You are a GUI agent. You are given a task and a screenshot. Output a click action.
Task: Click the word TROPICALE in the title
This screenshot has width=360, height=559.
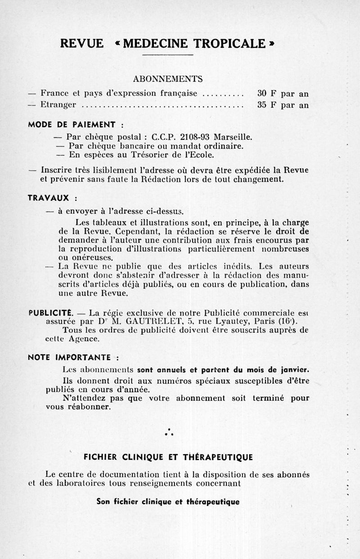point(230,43)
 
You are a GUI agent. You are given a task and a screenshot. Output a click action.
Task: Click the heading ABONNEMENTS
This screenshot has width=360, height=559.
point(168,79)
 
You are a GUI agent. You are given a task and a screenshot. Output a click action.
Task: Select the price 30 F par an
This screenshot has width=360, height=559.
point(283,94)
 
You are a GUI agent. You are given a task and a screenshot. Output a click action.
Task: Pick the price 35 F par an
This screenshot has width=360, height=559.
point(283,106)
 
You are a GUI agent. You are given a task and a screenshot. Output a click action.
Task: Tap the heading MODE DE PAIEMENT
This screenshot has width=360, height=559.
point(73,124)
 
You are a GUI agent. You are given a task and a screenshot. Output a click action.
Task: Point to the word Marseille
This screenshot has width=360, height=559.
point(233,136)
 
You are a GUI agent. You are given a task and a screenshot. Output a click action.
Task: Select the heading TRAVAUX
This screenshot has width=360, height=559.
point(50,198)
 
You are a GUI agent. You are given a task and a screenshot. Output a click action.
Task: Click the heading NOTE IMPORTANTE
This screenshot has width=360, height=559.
point(70,358)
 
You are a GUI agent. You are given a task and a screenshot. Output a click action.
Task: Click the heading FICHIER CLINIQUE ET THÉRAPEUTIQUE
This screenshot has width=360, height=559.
point(168,457)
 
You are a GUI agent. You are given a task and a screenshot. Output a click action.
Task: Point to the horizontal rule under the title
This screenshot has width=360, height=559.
point(167,55)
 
